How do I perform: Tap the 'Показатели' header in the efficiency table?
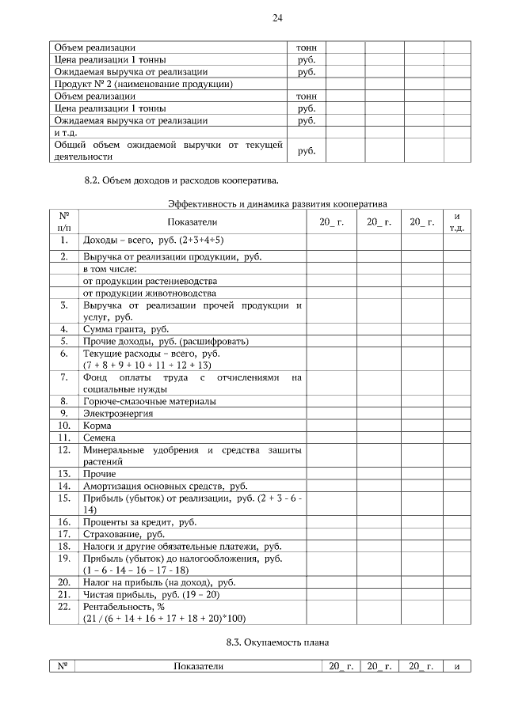[x=192, y=222]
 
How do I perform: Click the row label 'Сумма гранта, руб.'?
[x=126, y=328]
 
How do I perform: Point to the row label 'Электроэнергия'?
[x=118, y=413]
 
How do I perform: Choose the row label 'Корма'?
[x=97, y=426]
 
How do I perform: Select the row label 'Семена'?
[x=100, y=438]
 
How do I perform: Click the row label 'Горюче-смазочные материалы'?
[x=149, y=401]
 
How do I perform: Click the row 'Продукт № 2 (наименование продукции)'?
[x=143, y=84]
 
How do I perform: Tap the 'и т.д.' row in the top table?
[x=65, y=132]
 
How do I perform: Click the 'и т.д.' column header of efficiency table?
[x=456, y=222]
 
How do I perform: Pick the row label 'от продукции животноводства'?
[x=149, y=293]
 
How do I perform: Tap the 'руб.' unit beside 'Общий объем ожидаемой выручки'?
[x=306, y=150]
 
